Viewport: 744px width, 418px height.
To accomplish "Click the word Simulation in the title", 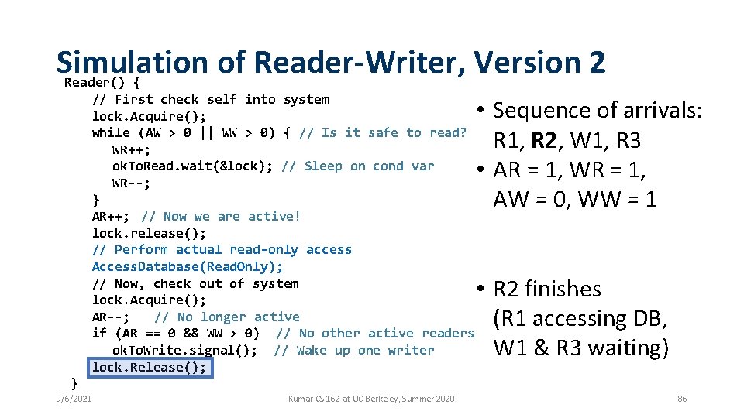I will [132, 61].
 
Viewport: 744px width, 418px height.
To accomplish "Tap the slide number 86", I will [682, 399].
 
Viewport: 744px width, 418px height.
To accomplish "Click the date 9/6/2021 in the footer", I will [74, 399].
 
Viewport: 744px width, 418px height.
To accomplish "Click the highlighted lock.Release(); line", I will [150, 367].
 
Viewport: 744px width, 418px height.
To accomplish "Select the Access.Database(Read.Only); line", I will [188, 266].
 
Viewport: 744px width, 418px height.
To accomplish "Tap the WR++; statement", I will [131, 149].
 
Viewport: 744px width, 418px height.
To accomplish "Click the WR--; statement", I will [131, 183].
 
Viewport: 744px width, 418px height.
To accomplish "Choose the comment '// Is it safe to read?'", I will [383, 132].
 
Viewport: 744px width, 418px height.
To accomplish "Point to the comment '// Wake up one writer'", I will [354, 350].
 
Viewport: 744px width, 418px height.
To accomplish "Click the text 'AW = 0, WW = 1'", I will [574, 200].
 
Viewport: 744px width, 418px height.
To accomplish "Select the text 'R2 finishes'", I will [547, 289].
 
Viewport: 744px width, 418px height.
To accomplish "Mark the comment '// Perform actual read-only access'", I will [222, 250].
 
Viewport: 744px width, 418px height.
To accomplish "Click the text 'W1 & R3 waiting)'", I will [580, 348].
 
